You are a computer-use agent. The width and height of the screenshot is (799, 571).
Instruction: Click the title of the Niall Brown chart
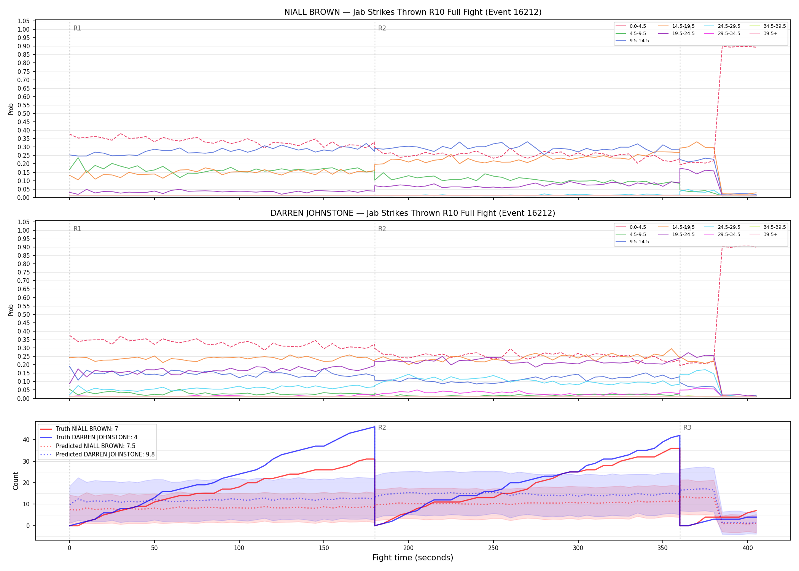pos(413,12)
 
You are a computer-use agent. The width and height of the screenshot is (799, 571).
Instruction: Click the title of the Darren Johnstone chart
pos(413,213)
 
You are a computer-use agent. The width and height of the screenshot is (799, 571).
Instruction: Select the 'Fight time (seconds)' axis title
pos(413,558)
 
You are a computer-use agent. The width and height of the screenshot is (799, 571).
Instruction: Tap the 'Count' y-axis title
pos(16,481)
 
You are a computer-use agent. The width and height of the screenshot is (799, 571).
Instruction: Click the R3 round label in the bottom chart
pos(687,427)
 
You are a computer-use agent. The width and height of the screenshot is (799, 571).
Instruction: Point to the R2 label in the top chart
pos(382,28)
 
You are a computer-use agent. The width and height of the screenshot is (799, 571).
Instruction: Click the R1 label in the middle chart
pos(77,229)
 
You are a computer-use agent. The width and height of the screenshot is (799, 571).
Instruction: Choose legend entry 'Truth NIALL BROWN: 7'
pos(87,429)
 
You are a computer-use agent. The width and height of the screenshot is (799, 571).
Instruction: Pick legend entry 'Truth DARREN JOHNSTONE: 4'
pos(97,437)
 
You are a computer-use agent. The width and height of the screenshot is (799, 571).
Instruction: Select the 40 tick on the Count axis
pos(26,440)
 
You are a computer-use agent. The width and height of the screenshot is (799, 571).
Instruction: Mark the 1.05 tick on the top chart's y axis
pos(24,21)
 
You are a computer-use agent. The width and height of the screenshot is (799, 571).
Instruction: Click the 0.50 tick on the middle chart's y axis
pos(24,314)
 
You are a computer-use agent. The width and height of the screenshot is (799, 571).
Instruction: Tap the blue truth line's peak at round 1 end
pos(375,427)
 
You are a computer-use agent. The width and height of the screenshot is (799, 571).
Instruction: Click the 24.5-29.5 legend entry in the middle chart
pos(729,227)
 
